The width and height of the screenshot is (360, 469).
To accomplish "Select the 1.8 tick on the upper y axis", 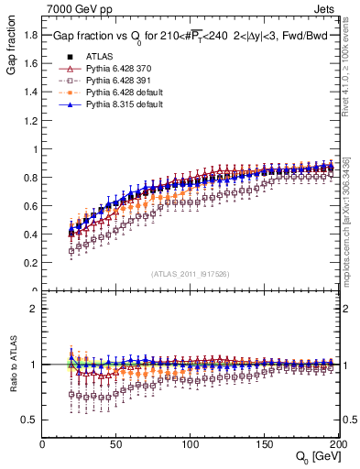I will (30, 35).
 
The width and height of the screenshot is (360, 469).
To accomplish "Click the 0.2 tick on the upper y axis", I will (30, 263).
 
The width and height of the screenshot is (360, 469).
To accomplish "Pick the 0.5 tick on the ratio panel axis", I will (30, 420).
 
